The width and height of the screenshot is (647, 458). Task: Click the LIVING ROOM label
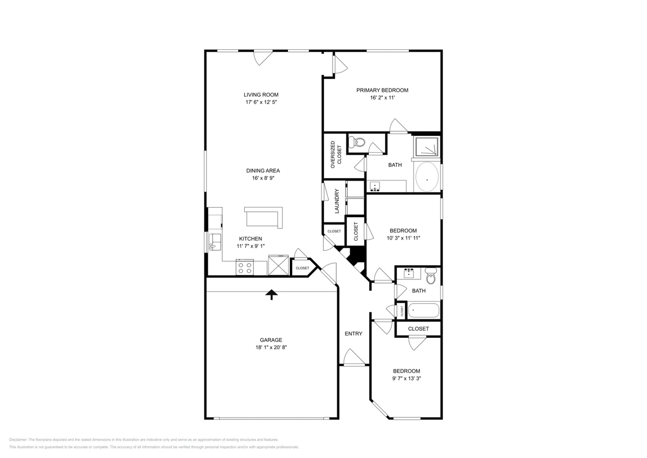pyautogui.click(x=261, y=95)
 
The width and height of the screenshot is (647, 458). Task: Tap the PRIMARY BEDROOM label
pyautogui.click(x=382, y=90)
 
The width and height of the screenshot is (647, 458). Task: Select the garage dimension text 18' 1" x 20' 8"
pyautogui.click(x=271, y=348)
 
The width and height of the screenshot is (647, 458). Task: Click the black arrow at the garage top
pyautogui.click(x=272, y=294)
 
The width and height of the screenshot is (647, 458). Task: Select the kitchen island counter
pyautogui.click(x=263, y=217)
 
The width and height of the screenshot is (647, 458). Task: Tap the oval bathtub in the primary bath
pyautogui.click(x=427, y=177)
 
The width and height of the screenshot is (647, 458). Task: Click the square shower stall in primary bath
pyautogui.click(x=426, y=147)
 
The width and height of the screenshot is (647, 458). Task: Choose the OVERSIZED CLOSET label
pyautogui.click(x=336, y=155)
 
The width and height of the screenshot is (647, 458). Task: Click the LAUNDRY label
pyautogui.click(x=336, y=201)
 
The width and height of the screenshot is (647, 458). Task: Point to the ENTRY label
pyautogui.click(x=354, y=334)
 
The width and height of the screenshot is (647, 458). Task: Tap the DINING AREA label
pyautogui.click(x=263, y=171)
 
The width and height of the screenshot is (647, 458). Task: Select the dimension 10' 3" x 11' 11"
pyautogui.click(x=403, y=238)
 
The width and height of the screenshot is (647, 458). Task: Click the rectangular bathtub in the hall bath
pyautogui.click(x=423, y=310)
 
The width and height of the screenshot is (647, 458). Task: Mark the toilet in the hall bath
pyautogui.click(x=431, y=276)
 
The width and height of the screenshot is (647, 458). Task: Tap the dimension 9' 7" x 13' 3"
pyautogui.click(x=406, y=379)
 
